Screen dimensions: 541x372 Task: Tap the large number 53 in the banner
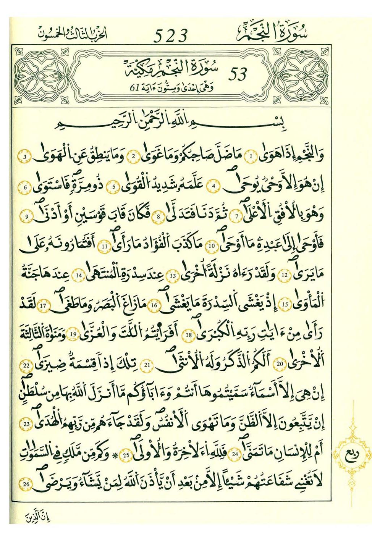pos(238,74)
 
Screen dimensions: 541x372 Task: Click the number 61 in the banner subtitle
pos(134,89)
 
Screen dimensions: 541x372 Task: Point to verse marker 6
pos(26,187)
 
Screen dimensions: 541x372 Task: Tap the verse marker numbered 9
pos(27,217)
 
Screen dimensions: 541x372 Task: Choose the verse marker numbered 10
pos(211,246)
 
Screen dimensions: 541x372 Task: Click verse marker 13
pos(173,276)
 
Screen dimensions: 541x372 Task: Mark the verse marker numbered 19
pos(73,335)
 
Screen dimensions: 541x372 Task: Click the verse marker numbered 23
pos(27,424)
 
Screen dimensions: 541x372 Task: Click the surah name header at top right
pos(272,32)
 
